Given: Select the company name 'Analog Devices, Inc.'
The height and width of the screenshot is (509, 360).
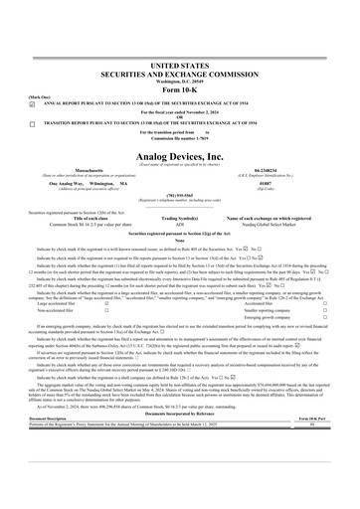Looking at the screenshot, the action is click(179, 157).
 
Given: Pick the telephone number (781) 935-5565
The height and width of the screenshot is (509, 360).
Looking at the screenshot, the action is click(179, 196).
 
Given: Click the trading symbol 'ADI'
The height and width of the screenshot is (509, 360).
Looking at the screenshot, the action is click(179, 225).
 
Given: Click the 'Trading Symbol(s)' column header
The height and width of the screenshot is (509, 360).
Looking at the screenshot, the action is click(179, 218).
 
